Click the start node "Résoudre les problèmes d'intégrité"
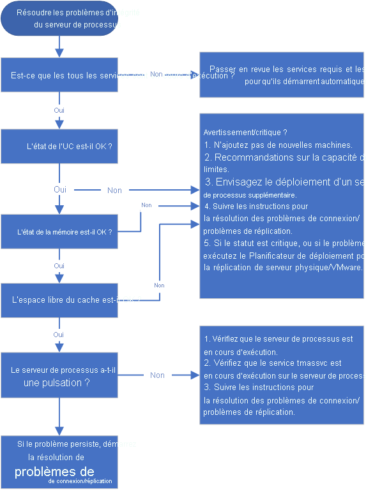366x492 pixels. click(x=59, y=19)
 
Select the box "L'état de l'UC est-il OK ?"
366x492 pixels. click(x=59, y=147)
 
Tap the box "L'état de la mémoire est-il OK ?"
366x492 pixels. click(x=59, y=232)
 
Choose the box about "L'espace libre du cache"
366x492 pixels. click(x=59, y=298)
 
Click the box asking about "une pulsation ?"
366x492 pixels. click(x=59, y=376)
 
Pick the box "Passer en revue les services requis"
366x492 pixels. click(x=282, y=75)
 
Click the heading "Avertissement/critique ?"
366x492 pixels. click(x=245, y=133)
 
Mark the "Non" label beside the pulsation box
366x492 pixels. click(x=157, y=375)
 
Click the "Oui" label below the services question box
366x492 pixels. click(x=59, y=110)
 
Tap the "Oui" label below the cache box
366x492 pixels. click(x=59, y=335)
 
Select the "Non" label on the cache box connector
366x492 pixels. click(x=159, y=286)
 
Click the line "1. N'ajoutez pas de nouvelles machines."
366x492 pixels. click(x=278, y=145)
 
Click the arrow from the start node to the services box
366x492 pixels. click(x=59, y=47)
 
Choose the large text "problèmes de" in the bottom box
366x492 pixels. click(x=54, y=472)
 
